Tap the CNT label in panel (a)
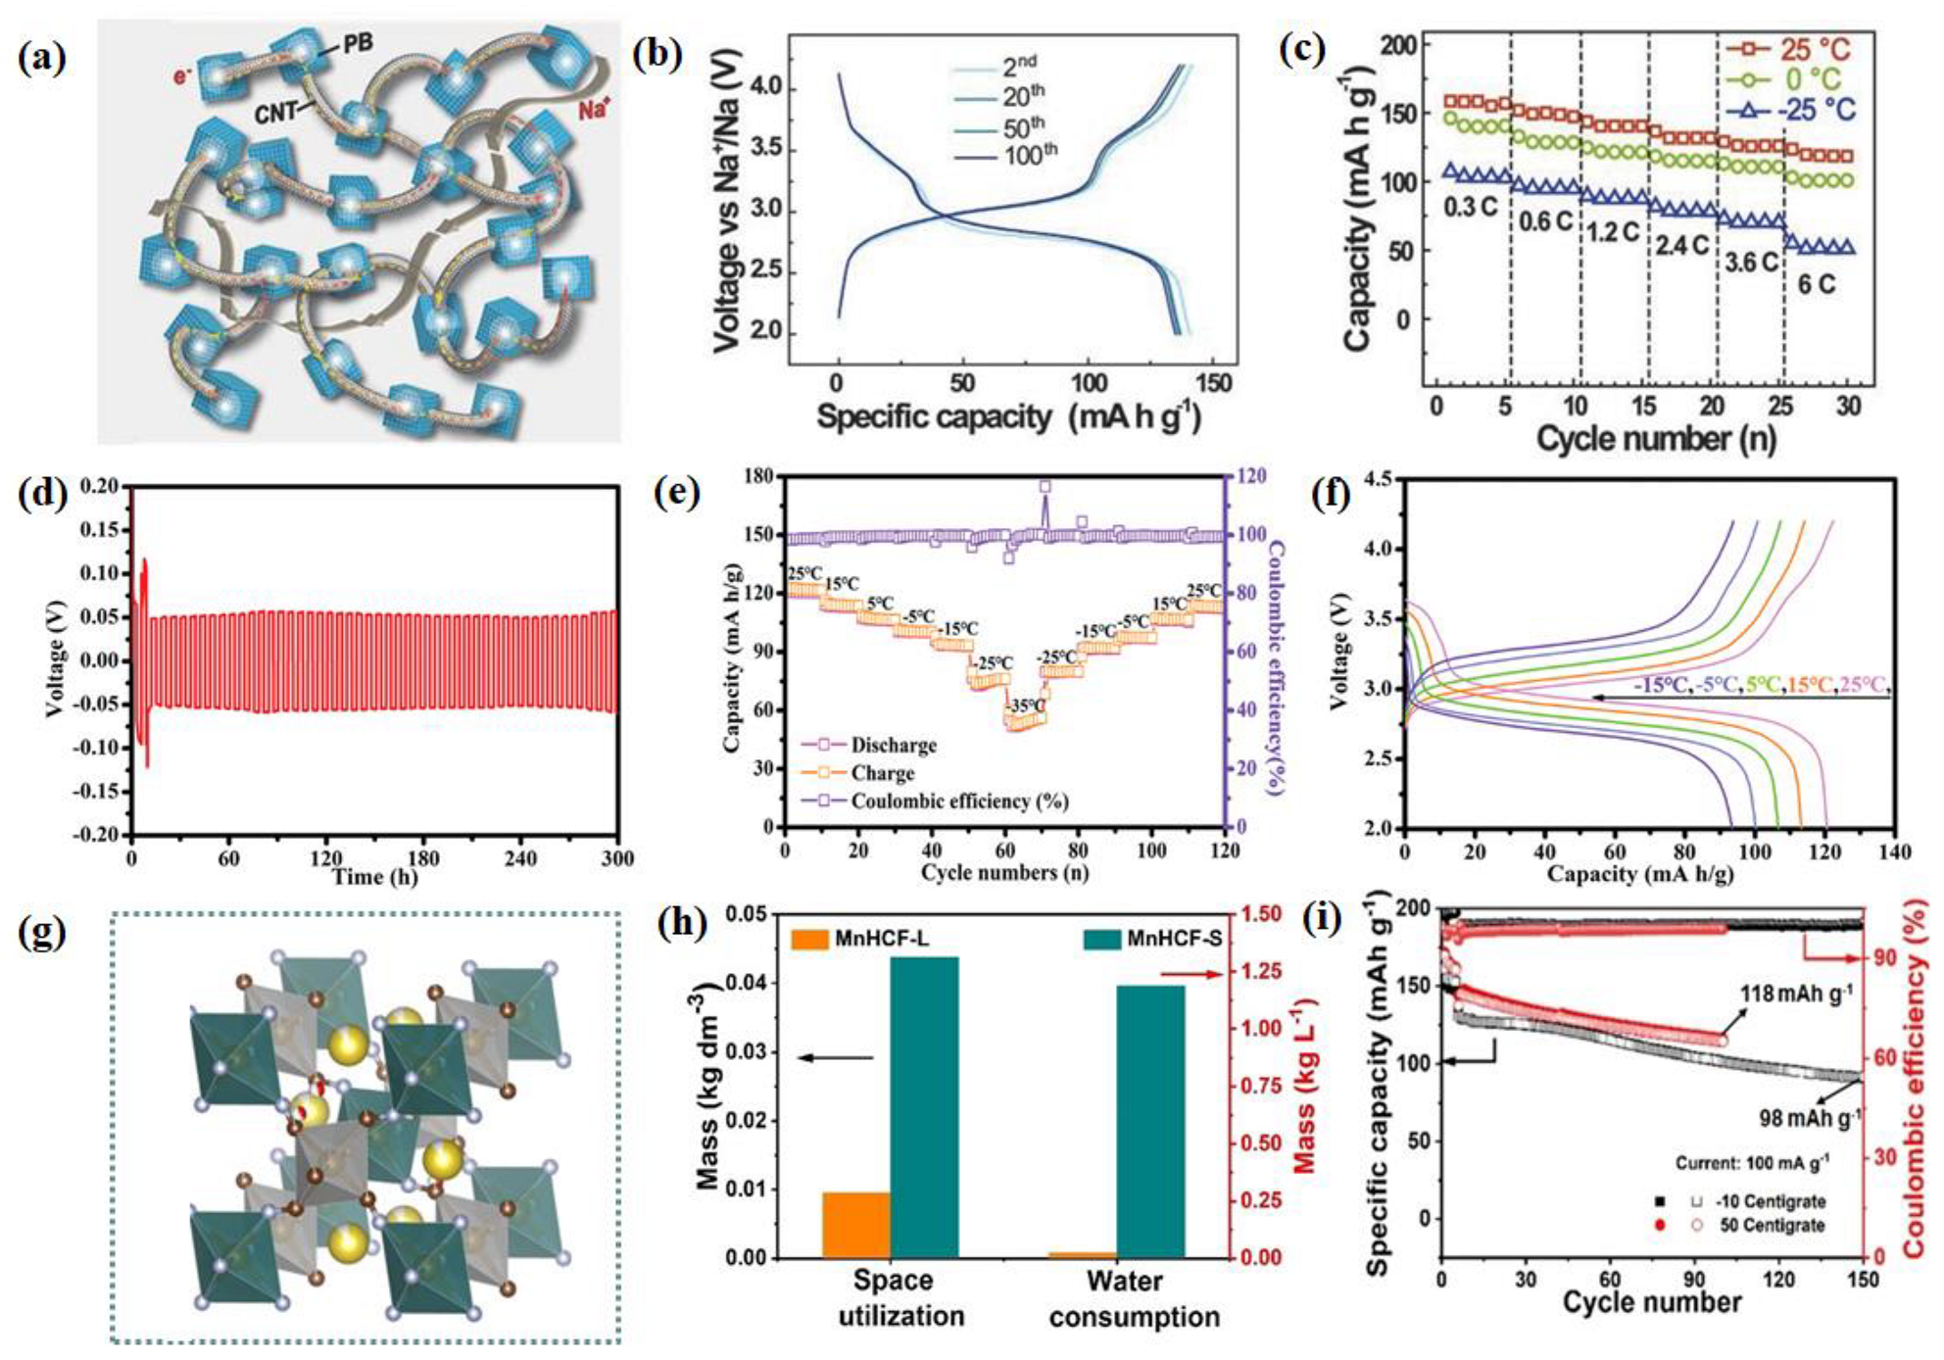(275, 113)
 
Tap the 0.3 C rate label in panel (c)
(1470, 208)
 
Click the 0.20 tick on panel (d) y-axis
(99, 486)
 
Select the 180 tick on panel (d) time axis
(423, 859)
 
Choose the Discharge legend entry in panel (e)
(893, 746)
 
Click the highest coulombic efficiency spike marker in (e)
(1045, 487)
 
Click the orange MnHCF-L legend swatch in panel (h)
(808, 939)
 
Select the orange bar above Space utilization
(855, 1224)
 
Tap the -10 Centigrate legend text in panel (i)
(1772, 1201)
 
